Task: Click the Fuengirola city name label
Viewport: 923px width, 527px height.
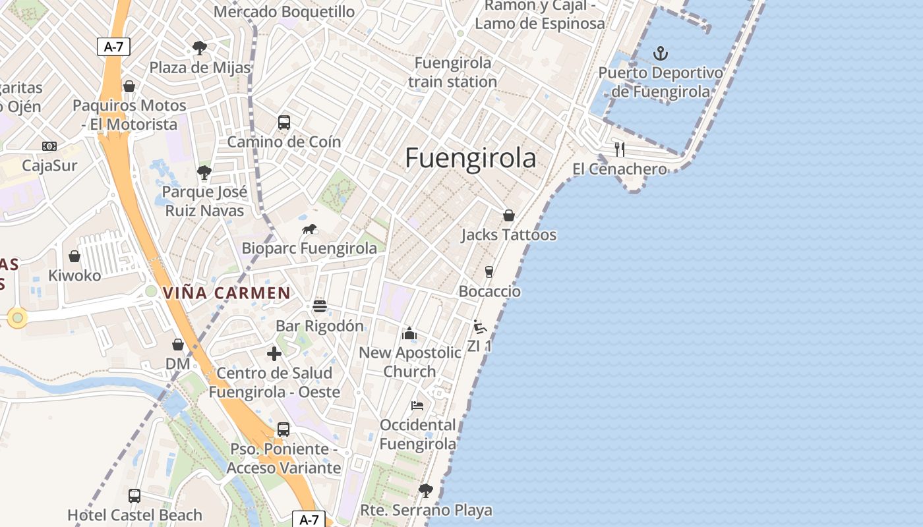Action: tap(470, 159)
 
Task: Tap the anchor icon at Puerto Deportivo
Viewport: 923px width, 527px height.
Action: tap(661, 53)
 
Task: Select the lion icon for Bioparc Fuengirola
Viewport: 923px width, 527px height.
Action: tap(309, 229)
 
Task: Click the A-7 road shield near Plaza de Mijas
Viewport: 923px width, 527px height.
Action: tap(113, 46)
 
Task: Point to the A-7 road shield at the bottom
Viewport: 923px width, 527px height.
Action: tap(309, 519)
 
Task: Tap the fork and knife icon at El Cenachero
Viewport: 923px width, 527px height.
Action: tap(619, 150)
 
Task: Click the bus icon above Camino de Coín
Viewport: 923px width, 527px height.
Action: tap(284, 123)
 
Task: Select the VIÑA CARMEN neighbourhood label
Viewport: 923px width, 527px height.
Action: tap(227, 293)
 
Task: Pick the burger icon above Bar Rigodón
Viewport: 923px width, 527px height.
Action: tap(320, 306)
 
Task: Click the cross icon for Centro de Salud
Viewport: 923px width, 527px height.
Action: tap(274, 354)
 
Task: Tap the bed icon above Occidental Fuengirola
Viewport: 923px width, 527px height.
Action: tap(417, 405)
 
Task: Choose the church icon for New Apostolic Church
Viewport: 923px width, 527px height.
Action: tap(409, 333)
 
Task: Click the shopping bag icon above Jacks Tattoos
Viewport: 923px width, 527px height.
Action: tap(508, 215)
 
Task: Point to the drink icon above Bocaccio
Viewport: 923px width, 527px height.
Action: tap(489, 272)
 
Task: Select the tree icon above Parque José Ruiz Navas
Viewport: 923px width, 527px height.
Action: tap(204, 173)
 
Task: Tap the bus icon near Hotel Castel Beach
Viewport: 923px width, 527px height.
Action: tap(134, 495)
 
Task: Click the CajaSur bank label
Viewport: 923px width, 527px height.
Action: tap(49, 165)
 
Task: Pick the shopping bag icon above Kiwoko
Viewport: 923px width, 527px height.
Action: tap(74, 256)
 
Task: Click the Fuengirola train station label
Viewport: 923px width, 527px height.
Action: tap(452, 72)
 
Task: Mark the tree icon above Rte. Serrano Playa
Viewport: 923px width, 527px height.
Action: tap(426, 490)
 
